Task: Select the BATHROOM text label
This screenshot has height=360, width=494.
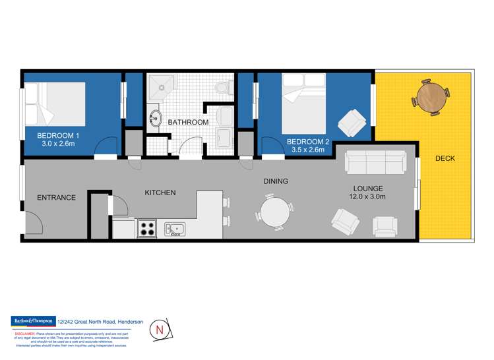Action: point(188,123)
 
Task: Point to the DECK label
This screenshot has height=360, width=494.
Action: point(445,159)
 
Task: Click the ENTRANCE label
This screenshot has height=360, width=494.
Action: point(56,197)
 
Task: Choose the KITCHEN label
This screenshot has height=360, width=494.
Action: point(160,193)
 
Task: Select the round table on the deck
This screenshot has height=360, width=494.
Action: point(431,98)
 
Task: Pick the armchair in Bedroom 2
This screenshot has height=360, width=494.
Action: point(350,123)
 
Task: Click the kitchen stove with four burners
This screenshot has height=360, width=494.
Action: point(146,229)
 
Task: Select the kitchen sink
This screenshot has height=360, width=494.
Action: point(175,229)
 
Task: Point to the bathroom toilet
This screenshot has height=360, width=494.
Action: point(224,86)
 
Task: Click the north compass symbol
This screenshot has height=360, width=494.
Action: point(159,328)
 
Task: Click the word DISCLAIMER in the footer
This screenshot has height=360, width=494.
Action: point(25,334)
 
